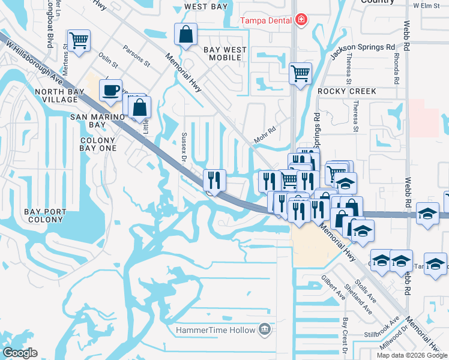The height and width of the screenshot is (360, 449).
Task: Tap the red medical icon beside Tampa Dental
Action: (x=301, y=20)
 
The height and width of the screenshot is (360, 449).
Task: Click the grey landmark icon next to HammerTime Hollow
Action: (x=264, y=329)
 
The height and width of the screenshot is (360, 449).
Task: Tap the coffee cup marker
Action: (x=110, y=90)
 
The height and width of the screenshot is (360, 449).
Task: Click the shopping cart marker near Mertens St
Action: (x=79, y=40)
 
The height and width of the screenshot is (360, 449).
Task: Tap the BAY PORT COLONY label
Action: (x=43, y=215)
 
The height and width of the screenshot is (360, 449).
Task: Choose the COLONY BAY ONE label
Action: (x=98, y=144)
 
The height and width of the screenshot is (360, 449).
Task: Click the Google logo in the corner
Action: (x=20, y=353)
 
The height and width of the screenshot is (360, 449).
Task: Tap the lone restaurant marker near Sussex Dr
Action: (x=214, y=179)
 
